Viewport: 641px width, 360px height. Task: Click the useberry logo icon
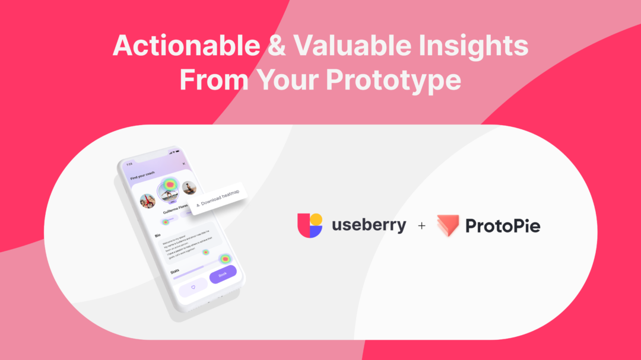pyautogui.click(x=310, y=225)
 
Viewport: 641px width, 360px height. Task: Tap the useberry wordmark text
pyautogui.click(x=369, y=225)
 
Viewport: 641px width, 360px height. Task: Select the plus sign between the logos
pyautogui.click(x=422, y=226)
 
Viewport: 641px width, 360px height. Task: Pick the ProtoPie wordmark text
pyautogui.click(x=503, y=226)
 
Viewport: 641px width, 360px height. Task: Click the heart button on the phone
pyautogui.click(x=192, y=286)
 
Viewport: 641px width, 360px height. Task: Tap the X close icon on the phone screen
pyautogui.click(x=184, y=164)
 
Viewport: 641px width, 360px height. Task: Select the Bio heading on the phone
pyautogui.click(x=158, y=235)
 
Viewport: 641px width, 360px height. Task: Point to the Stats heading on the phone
pyautogui.click(x=175, y=271)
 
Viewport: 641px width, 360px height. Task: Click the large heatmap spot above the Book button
pyautogui.click(x=225, y=259)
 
